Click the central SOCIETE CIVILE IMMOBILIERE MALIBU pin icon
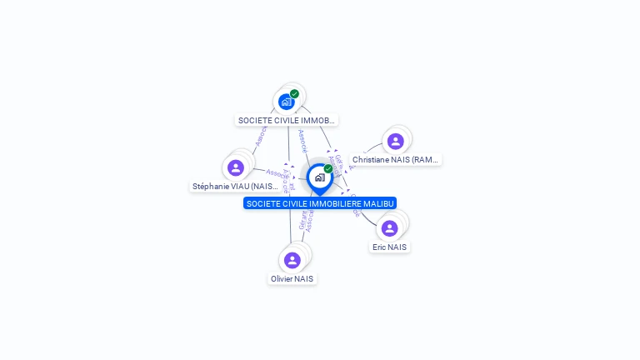pyautogui.click(x=319, y=177)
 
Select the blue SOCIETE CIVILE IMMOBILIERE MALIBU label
pyautogui.click(x=320, y=203)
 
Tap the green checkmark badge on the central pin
pyautogui.click(x=328, y=168)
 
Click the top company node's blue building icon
pyautogui.click(x=287, y=102)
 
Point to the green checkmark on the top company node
pyautogui.click(x=294, y=94)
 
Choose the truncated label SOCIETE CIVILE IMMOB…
pyautogui.click(x=287, y=120)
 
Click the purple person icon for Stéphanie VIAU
pyautogui.click(x=236, y=167)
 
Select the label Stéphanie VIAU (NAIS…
pyautogui.click(x=236, y=187)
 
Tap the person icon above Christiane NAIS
pyautogui.click(x=395, y=141)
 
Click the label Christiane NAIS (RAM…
pyautogui.click(x=395, y=159)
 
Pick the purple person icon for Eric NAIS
pyautogui.click(x=389, y=227)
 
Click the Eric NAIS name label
pyautogui.click(x=390, y=247)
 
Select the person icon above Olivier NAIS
pyautogui.click(x=292, y=260)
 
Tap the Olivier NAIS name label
pyautogui.click(x=292, y=278)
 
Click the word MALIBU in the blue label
pyautogui.click(x=378, y=203)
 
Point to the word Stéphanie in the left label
pyautogui.click(x=210, y=187)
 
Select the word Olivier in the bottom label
pyautogui.click(x=282, y=278)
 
